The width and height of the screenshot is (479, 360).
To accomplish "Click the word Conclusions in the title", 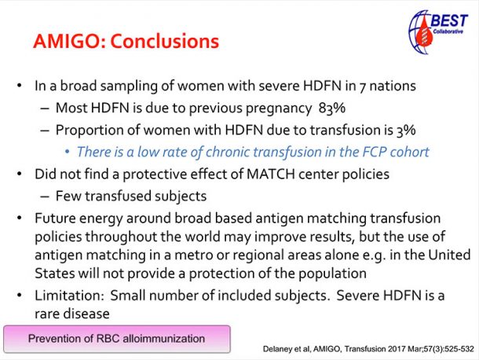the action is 165,41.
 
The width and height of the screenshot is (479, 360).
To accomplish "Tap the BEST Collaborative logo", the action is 438,32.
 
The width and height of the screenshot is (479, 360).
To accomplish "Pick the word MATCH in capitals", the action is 271,174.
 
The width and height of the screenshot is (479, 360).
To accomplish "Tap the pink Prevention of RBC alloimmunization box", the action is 117,339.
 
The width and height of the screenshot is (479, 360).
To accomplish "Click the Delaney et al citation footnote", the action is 368,349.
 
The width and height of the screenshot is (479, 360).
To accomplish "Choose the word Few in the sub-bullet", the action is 68,196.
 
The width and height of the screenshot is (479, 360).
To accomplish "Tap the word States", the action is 55,273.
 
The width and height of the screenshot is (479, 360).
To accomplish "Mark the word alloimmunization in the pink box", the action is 164,339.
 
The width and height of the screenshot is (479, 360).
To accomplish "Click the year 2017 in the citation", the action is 397,349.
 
